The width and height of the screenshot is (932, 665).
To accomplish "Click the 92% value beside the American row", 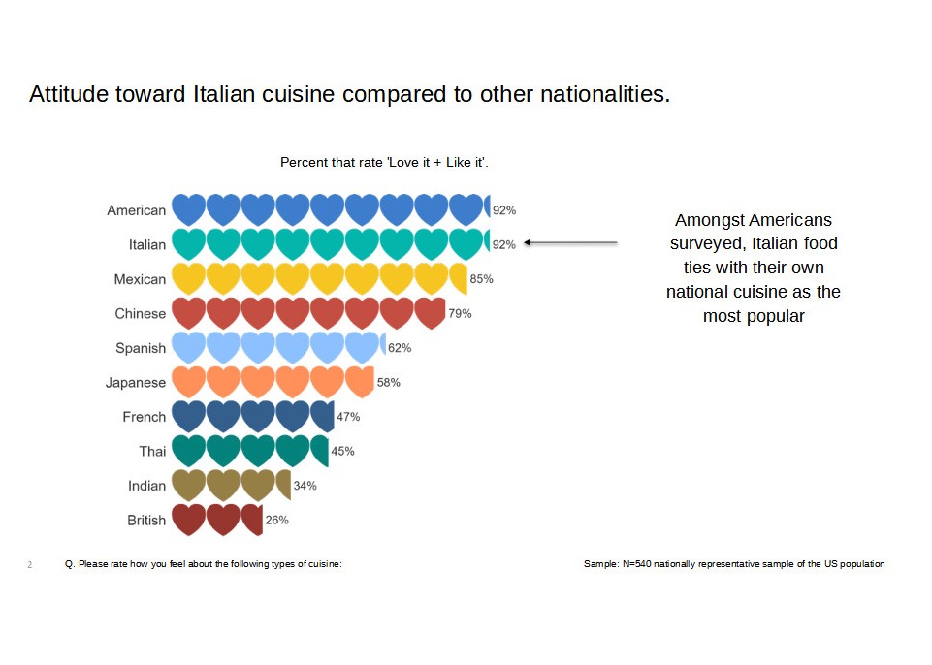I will coord(504,210).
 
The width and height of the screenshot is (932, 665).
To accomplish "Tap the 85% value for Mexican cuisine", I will coord(481,279).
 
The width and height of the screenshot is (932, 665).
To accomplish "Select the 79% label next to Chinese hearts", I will coord(460,313).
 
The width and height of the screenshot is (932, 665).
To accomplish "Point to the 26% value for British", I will coord(276,520).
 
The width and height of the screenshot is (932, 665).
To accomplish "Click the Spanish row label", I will coord(141,348).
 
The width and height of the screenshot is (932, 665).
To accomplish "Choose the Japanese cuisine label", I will coord(136,382).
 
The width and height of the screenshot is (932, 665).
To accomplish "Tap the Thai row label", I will coord(152,451).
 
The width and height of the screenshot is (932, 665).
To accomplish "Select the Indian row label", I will coord(147,486).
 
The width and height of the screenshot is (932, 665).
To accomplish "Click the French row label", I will coord(145,417).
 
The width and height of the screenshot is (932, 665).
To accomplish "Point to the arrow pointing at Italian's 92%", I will coord(570,243).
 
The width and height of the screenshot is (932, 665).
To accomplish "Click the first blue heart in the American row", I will coord(188,210).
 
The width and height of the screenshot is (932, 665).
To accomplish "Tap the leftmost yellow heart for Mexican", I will coord(188,279).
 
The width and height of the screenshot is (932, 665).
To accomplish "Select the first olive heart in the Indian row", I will coord(188,485).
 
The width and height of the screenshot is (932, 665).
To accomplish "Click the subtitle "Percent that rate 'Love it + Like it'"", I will coord(384,162).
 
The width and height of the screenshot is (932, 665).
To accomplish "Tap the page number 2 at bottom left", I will coord(30,564).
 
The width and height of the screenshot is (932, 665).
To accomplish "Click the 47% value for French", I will coord(348,417).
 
